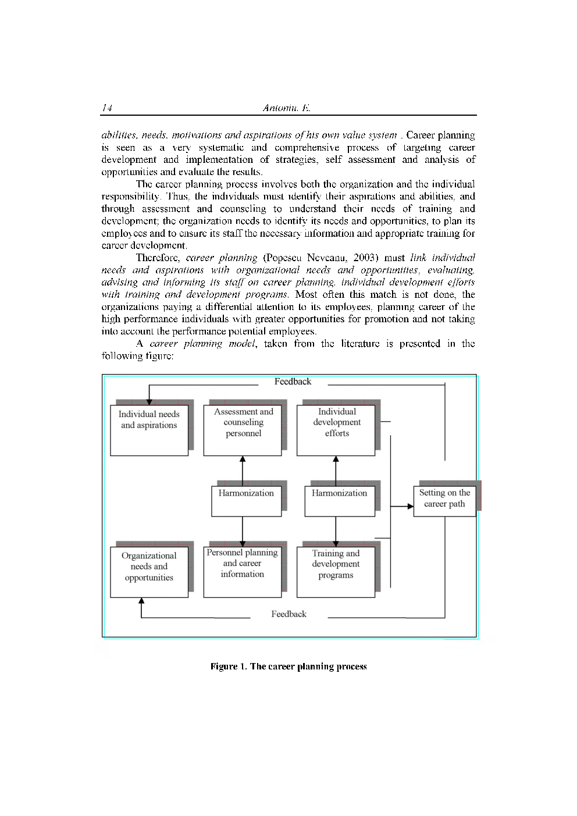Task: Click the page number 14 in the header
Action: click(106, 108)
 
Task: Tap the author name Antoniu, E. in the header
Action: click(287, 108)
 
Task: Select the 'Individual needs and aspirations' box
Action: click(149, 430)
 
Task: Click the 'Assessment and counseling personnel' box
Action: click(243, 430)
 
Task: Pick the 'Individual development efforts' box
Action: click(336, 430)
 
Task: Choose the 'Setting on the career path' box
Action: click(444, 501)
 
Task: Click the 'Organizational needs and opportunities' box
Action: click(149, 572)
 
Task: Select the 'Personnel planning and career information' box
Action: click(243, 571)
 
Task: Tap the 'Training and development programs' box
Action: click(336, 571)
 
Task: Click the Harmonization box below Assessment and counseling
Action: click(246, 501)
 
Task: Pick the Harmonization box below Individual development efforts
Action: click(340, 501)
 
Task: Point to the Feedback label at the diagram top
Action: click(293, 382)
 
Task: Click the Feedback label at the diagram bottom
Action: click(288, 614)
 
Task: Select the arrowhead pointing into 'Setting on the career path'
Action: click(410, 507)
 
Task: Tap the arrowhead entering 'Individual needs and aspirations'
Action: click(149, 401)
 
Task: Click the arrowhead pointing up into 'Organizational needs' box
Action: click(141, 601)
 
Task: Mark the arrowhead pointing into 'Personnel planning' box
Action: click(243, 543)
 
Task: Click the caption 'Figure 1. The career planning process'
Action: click(288, 667)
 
